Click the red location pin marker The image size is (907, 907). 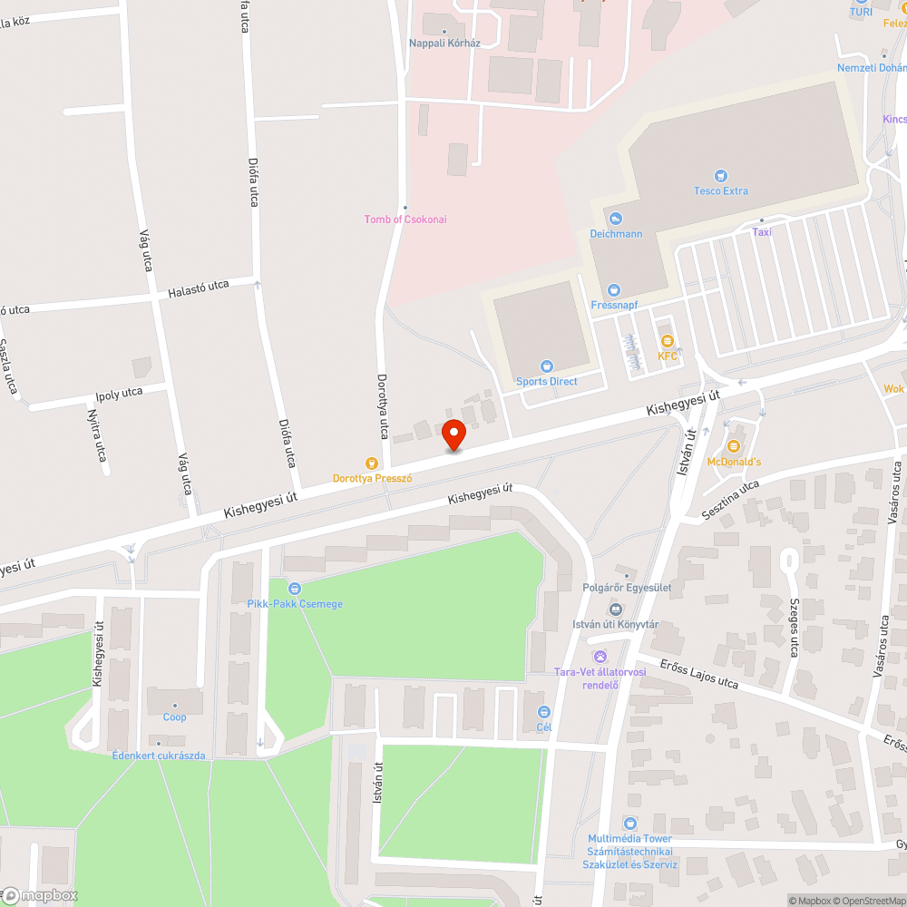point(453,434)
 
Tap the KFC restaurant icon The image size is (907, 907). point(668,341)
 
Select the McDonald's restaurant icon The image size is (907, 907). point(734,446)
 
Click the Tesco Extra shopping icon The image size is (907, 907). point(721,176)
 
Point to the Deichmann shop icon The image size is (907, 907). point(616,219)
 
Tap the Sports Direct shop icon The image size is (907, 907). point(547,366)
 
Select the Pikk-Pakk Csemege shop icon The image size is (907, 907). point(295,589)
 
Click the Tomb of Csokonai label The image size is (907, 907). point(405,219)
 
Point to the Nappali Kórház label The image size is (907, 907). point(444,43)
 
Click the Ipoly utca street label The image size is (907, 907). point(120,394)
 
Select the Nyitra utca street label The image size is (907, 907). point(95,434)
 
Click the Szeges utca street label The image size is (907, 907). point(795,627)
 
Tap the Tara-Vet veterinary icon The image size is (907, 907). point(600,657)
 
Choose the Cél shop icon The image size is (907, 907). point(544,712)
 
